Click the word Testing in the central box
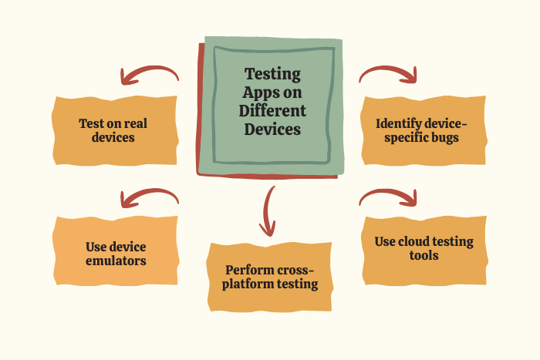coord(272,75)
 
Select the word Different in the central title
coord(272,112)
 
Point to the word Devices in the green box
coord(272,130)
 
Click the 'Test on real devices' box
coord(114,130)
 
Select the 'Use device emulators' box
coord(116,254)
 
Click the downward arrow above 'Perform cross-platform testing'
coord(268,210)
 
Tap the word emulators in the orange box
coord(116,261)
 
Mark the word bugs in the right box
coord(445,138)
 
